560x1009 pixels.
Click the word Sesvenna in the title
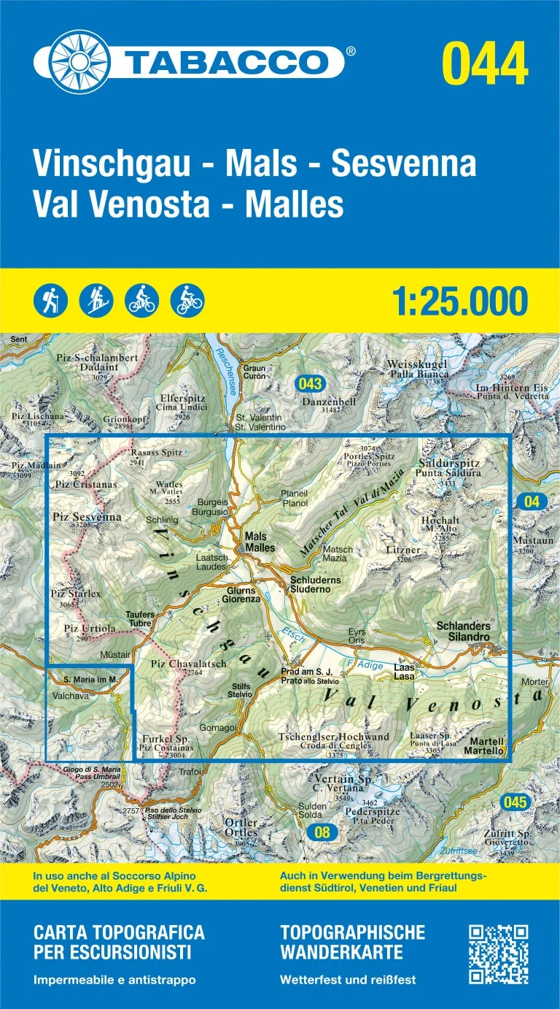pos(404,164)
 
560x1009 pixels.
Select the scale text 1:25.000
pos(459,301)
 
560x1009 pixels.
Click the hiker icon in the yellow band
pos(50,300)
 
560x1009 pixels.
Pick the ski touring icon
pos(96,300)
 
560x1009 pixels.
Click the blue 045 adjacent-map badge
pos(514,802)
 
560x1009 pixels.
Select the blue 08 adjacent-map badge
pos(319,832)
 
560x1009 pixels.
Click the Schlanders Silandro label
pos(463,632)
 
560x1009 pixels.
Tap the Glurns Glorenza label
pos(244,594)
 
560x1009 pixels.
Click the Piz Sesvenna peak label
pos(86,518)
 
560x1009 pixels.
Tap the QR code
pos(497,954)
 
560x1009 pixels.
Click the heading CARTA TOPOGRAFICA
pos(119,932)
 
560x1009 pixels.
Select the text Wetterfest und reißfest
pos(347,980)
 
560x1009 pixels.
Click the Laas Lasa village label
pos(404,672)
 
